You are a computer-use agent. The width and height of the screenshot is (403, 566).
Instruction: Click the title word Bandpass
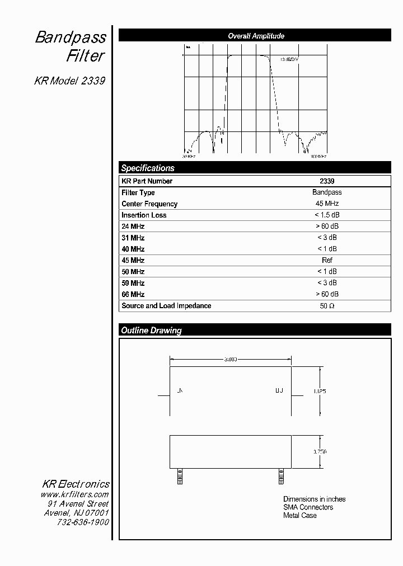pos(71,38)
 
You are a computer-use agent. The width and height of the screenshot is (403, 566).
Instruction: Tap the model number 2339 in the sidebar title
pos(93,81)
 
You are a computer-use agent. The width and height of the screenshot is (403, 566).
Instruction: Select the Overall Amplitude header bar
pos(255,36)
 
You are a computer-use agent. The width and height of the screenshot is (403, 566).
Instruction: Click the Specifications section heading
pos(148,168)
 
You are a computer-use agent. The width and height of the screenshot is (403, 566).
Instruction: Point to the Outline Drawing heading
pos(151,331)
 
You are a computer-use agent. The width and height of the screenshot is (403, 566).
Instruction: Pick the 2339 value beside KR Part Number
pos(327,181)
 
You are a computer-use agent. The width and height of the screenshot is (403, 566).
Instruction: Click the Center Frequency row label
pos(149,204)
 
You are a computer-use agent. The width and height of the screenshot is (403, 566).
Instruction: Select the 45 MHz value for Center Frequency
pos(327,204)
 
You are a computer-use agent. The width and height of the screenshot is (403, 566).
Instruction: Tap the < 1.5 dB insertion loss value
pos(327,215)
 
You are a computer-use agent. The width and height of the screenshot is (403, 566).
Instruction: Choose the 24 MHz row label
pos(133,227)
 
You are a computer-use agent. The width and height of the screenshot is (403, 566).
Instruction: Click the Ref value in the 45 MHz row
pos(327,261)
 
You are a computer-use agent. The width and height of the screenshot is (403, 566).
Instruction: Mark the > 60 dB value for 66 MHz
pos(327,294)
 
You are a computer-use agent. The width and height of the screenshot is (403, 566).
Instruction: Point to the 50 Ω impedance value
pos(327,306)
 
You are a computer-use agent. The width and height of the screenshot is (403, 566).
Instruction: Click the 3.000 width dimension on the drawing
pos(230,359)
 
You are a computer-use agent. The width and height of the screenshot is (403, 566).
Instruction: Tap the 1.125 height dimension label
pos(319,392)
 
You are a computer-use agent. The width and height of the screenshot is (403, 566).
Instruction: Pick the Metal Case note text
pos(300,516)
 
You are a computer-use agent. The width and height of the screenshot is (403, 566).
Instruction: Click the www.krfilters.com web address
pos(74,494)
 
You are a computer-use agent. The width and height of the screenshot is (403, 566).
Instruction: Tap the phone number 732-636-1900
pos(83,522)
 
